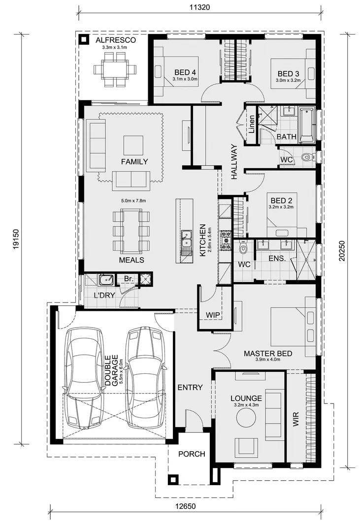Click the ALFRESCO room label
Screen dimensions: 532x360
point(115,40)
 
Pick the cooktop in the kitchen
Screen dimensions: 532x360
point(226,240)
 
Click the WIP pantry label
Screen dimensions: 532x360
point(213,314)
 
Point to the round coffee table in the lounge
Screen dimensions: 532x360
point(246,419)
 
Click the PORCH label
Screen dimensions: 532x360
point(191,454)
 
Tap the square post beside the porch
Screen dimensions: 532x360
point(172,479)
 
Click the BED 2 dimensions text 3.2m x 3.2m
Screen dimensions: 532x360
point(282,207)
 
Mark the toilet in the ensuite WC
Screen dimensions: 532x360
point(243,249)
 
